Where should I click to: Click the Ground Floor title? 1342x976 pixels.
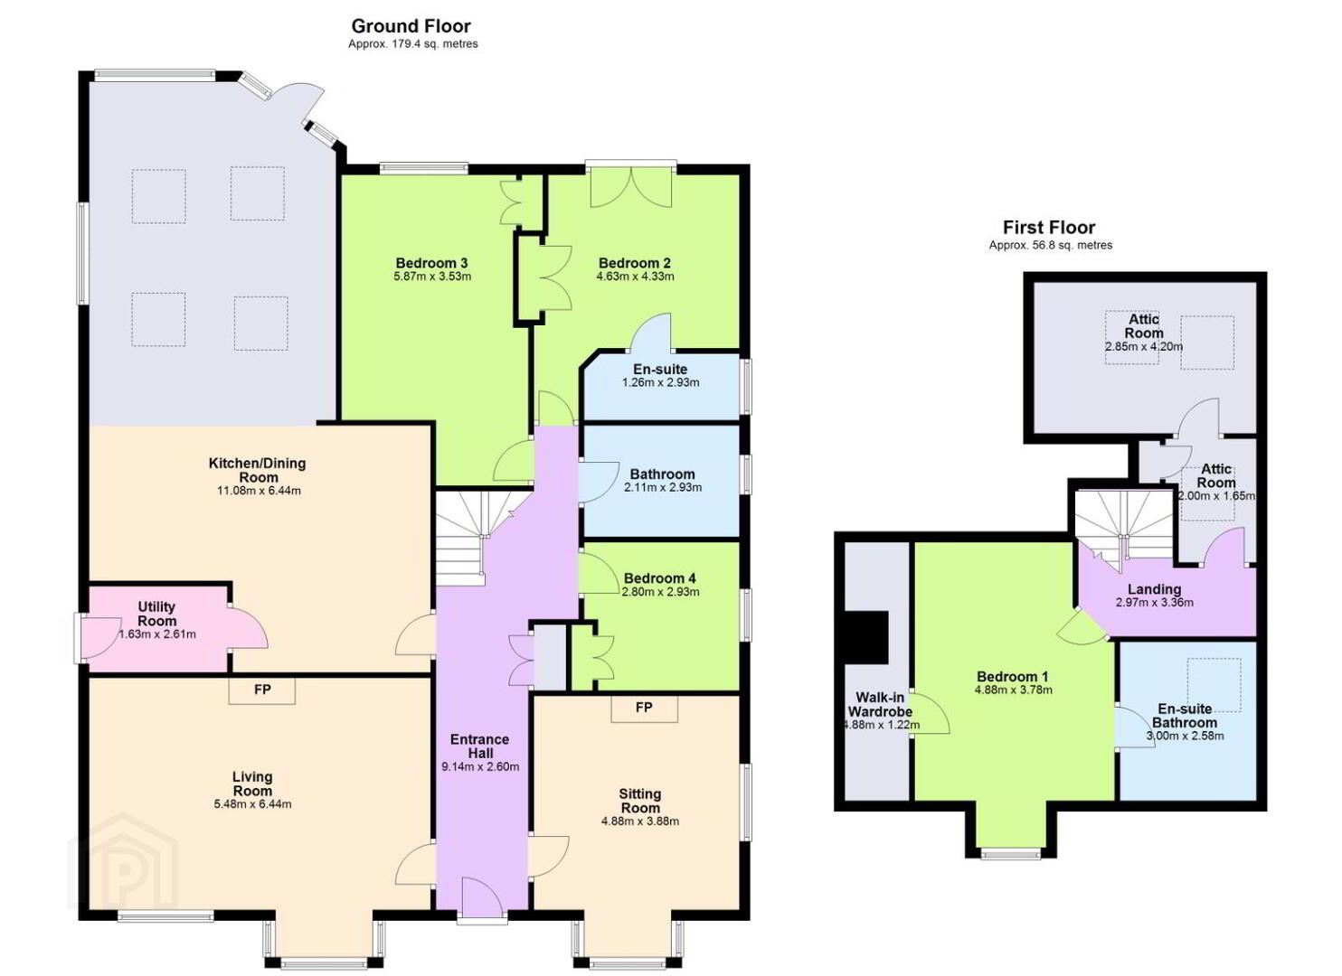click(x=411, y=26)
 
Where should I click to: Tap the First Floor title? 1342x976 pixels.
click(x=1049, y=228)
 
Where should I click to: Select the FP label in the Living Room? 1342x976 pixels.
click(x=262, y=690)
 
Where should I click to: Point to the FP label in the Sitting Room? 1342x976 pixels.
click(x=644, y=708)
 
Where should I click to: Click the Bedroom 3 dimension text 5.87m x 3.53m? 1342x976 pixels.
click(x=432, y=277)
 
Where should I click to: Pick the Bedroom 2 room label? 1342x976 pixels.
click(x=635, y=263)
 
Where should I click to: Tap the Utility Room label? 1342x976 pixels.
click(x=157, y=614)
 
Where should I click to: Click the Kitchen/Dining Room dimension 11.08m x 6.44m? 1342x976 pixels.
click(x=259, y=491)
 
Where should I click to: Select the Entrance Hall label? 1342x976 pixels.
click(x=480, y=746)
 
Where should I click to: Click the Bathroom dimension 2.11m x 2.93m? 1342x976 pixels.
click(x=663, y=487)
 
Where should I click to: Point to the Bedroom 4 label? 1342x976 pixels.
click(x=659, y=578)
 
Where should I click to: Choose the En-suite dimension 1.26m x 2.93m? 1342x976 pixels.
click(x=660, y=382)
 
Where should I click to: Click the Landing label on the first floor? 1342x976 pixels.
click(x=1155, y=589)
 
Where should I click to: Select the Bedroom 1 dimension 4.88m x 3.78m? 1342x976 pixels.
click(x=1013, y=690)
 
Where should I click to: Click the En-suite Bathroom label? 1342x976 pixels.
click(x=1185, y=716)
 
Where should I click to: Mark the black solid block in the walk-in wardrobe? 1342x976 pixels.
click(x=865, y=637)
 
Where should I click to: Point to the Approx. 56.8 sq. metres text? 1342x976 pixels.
click(x=1050, y=246)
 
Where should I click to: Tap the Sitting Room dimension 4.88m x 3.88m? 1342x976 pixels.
click(x=640, y=821)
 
